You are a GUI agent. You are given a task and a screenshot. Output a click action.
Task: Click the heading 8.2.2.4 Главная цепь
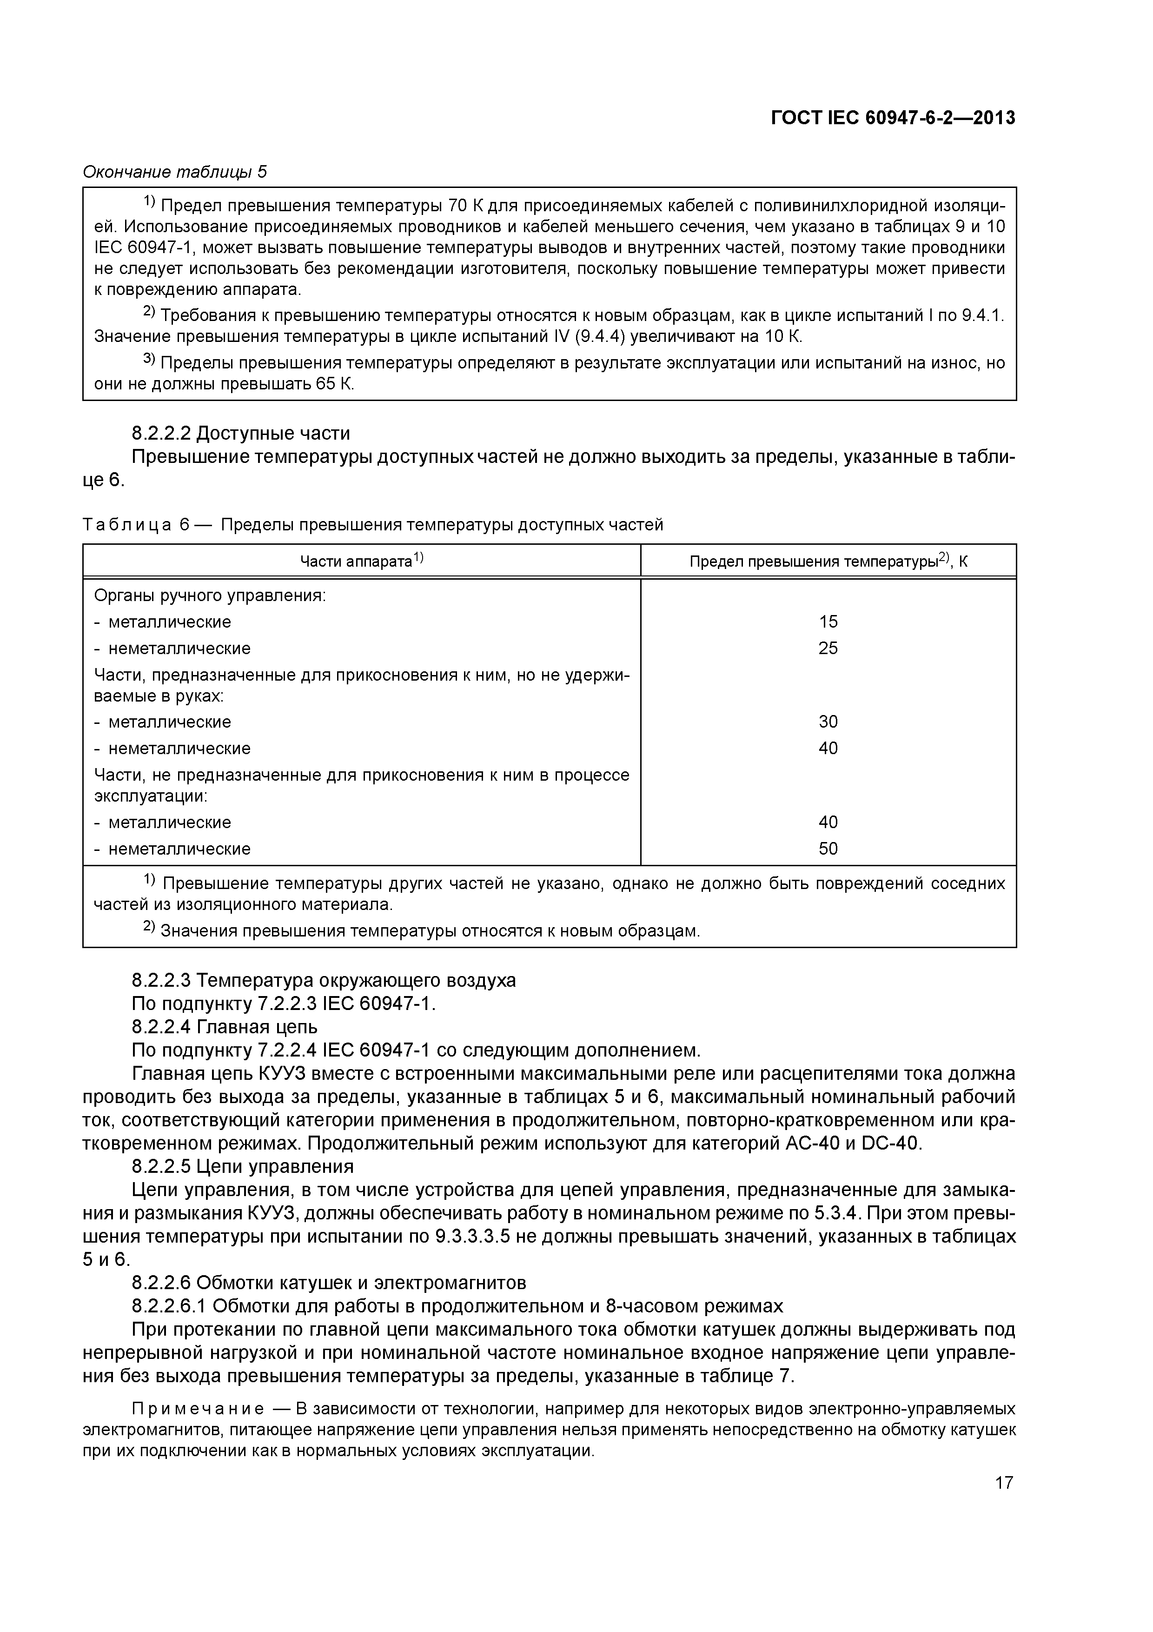tap(225, 1026)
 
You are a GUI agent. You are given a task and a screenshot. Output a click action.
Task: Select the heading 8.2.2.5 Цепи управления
tap(242, 1166)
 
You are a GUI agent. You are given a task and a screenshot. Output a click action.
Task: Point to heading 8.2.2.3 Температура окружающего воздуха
tap(323, 980)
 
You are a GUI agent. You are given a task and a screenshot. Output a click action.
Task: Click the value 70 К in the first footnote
tap(466, 206)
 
